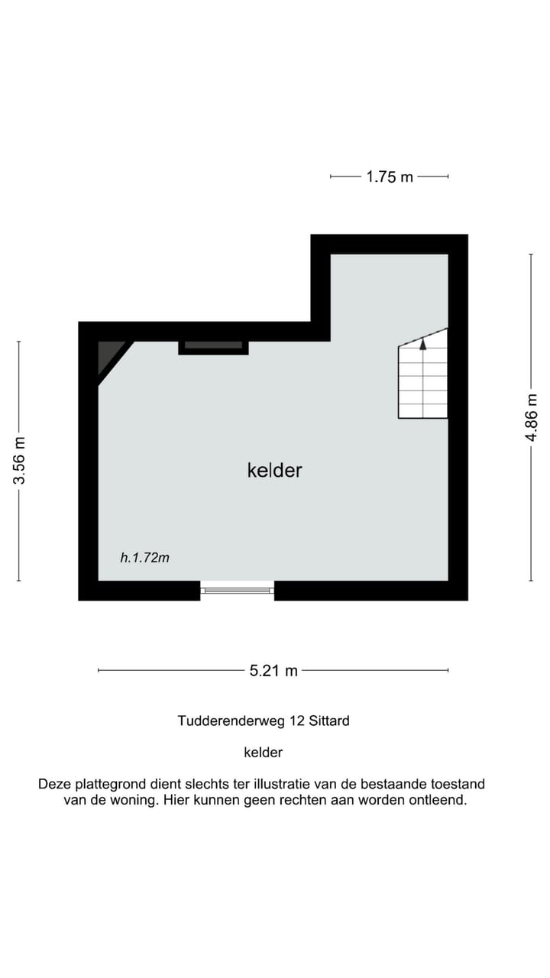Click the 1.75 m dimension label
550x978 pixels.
pyautogui.click(x=390, y=176)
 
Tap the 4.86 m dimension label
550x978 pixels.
pyautogui.click(x=532, y=417)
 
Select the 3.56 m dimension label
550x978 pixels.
pyautogui.click(x=19, y=460)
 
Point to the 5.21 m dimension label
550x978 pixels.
pyautogui.click(x=273, y=671)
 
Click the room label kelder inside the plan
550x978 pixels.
pyautogui.click(x=274, y=470)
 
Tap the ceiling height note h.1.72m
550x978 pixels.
pyautogui.click(x=144, y=558)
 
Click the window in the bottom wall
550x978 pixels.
pyautogui.click(x=237, y=589)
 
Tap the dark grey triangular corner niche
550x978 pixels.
pyautogui.click(x=106, y=355)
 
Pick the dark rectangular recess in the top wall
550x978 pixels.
pyautogui.click(x=213, y=345)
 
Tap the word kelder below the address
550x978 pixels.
pyautogui.click(x=263, y=753)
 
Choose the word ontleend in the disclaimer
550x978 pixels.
pyautogui.click(x=438, y=801)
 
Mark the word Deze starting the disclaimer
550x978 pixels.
pyautogui.click(x=53, y=785)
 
